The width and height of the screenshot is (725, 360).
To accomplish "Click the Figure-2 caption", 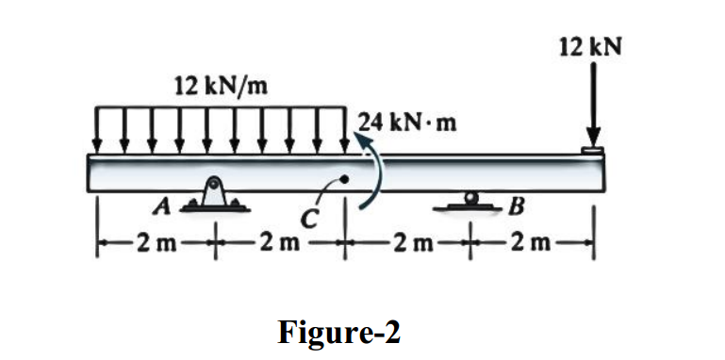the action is click(339, 331).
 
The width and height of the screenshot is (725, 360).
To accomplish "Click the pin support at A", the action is click(216, 193).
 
